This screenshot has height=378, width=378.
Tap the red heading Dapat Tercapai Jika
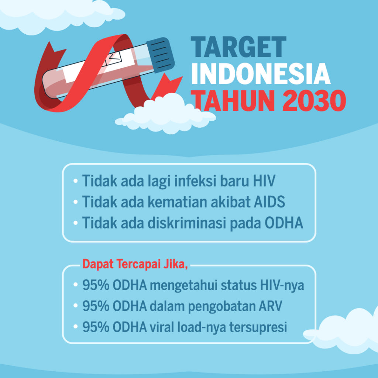[135, 265]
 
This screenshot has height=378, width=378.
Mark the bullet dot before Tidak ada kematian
[76, 202]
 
